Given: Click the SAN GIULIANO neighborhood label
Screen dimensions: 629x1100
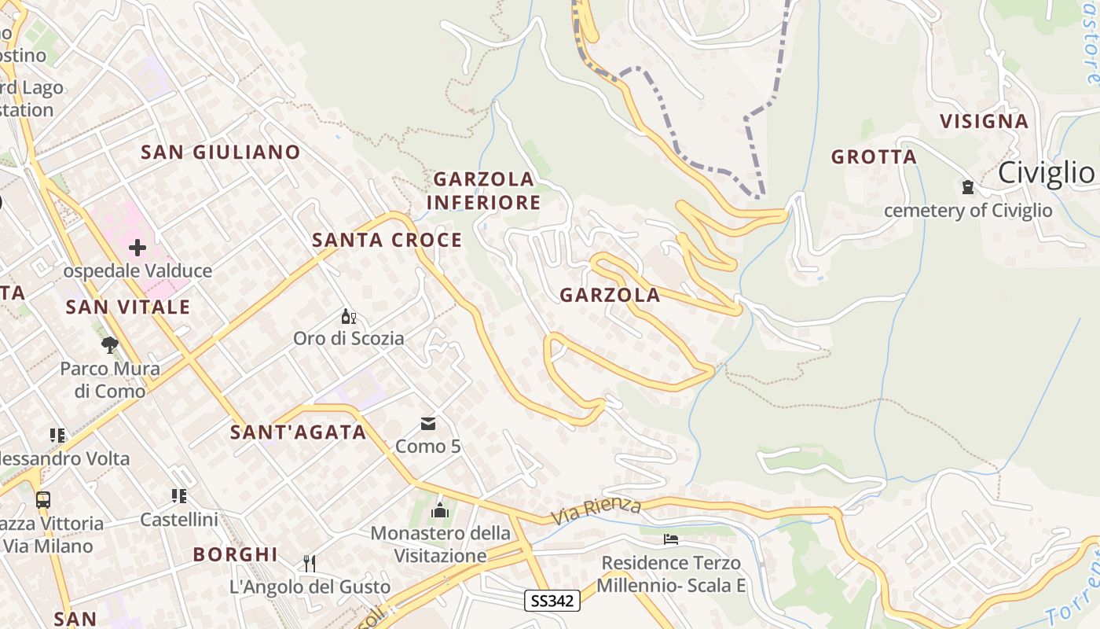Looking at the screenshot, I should tap(220, 152).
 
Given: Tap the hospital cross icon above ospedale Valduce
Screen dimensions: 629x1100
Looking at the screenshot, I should tap(137, 248).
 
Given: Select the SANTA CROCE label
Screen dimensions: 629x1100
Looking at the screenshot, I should tap(387, 240).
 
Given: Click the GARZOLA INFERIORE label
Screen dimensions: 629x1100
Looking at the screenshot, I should tap(483, 191).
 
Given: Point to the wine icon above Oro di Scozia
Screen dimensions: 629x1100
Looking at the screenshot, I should tap(348, 318).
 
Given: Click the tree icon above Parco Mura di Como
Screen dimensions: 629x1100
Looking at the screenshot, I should tap(110, 344).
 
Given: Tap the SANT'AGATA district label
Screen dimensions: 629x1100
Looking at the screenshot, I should tap(299, 432).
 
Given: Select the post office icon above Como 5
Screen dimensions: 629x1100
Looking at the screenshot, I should tap(428, 424).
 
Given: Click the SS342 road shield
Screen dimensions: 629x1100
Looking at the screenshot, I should tap(552, 601).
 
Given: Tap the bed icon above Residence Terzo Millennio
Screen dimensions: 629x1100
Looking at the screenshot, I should tap(670, 539).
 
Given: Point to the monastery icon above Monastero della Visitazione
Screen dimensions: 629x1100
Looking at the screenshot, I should tap(440, 511).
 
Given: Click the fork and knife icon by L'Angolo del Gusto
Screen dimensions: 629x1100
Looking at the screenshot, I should tap(310, 563).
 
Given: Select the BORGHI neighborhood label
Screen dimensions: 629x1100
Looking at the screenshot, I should tap(236, 554).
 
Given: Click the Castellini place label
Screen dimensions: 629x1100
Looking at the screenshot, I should tap(179, 520).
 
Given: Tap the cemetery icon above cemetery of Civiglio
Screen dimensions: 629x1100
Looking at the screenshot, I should tap(967, 187).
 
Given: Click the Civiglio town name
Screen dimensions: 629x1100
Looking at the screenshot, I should tap(1047, 173).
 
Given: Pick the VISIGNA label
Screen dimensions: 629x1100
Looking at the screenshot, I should tap(984, 121).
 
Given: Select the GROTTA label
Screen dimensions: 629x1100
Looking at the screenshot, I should tap(874, 157).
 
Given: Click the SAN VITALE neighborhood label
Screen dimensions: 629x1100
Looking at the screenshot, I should tap(128, 307).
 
